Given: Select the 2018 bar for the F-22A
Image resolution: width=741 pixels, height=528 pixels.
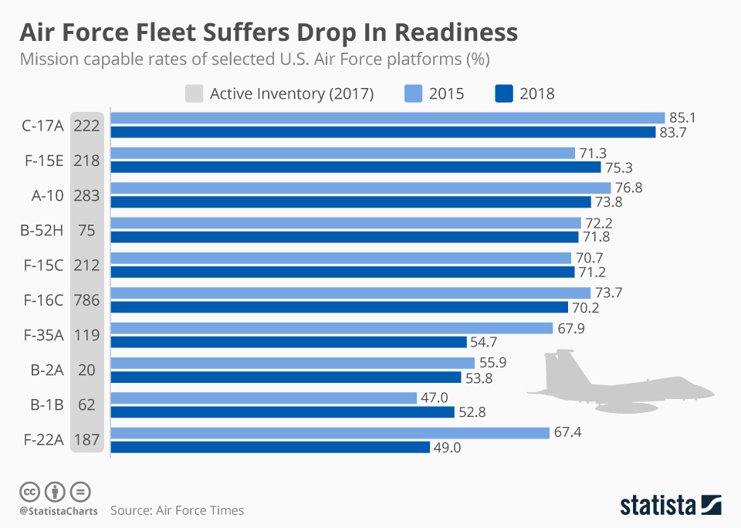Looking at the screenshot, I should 270,447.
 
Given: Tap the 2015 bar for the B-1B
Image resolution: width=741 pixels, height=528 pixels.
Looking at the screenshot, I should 263,398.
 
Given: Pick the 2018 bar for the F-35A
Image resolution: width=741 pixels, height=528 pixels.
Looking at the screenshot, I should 289,342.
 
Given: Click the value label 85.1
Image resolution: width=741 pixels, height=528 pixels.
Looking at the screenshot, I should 683,118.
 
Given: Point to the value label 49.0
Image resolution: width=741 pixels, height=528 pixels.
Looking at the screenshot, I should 447,447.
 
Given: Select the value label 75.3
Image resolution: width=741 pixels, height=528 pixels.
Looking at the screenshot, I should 619,168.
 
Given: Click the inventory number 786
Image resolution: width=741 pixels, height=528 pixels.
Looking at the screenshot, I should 86,300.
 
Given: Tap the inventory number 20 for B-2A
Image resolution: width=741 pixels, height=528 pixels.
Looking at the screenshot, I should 86,370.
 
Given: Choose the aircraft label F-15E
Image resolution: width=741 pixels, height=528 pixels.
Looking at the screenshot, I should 42,161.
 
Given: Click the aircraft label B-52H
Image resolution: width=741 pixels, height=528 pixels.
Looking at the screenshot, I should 42,231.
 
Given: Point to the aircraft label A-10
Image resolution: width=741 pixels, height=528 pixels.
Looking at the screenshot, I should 46,195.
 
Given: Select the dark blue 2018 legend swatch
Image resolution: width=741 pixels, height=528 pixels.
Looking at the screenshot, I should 503,94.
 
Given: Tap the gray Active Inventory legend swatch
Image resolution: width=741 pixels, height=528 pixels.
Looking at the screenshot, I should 195,94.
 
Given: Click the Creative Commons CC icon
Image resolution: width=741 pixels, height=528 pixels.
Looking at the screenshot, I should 29,491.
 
